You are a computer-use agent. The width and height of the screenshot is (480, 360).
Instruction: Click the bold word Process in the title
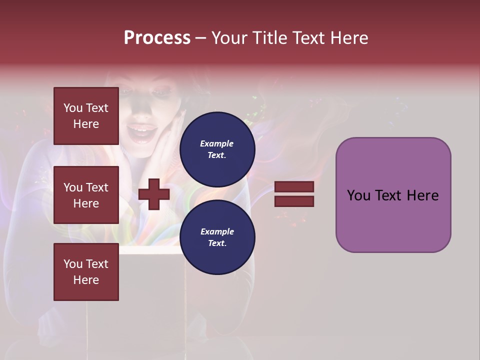[157, 38]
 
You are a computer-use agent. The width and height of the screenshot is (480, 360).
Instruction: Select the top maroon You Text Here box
[86, 116]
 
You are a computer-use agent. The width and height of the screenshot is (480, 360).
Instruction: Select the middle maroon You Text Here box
[86, 195]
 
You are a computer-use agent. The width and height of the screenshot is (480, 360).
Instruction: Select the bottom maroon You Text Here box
[86, 271]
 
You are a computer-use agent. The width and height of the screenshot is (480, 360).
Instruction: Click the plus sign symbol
[154, 194]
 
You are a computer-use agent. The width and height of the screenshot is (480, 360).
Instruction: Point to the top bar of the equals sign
[294, 186]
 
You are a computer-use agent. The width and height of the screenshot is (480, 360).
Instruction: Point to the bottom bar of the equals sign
[294, 201]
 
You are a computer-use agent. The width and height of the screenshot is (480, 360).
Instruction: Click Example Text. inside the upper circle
[217, 149]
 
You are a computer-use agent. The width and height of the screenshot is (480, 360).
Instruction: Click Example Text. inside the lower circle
[217, 237]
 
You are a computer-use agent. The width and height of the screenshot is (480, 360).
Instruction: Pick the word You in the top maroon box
[73, 108]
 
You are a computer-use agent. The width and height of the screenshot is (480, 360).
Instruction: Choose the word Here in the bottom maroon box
[86, 280]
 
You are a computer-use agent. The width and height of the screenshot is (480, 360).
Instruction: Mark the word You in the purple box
[358, 195]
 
